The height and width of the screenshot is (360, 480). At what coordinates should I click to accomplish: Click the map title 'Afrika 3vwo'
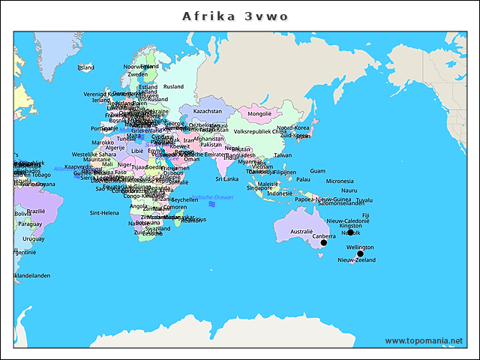(235, 16)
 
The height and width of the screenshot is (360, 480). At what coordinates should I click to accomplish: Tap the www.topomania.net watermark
(424, 340)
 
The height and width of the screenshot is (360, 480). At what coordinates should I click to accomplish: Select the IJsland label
(86, 67)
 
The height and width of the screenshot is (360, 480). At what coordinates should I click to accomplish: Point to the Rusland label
(173, 87)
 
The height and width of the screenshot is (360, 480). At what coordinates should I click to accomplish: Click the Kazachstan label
(208, 111)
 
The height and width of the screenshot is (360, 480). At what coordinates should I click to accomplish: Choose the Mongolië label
(259, 114)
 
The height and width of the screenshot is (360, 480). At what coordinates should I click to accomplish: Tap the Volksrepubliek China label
(260, 132)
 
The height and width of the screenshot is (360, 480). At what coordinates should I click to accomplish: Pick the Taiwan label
(283, 155)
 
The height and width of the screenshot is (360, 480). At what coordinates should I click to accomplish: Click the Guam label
(318, 171)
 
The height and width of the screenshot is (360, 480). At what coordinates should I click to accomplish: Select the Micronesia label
(340, 181)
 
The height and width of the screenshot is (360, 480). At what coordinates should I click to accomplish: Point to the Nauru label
(349, 190)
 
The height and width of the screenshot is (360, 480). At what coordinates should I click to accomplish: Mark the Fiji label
(366, 215)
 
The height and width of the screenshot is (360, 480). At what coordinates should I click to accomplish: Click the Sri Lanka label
(227, 179)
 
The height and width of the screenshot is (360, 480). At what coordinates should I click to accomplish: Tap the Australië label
(301, 232)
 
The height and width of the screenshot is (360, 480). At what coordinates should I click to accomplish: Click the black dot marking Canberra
(324, 243)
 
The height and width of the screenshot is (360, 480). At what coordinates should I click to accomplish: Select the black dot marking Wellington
(360, 253)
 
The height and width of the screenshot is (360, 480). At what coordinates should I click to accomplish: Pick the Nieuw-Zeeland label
(356, 260)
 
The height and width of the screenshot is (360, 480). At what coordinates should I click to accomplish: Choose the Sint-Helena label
(104, 213)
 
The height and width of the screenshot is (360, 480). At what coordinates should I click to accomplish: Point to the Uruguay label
(33, 238)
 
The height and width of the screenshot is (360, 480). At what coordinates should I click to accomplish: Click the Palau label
(303, 179)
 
